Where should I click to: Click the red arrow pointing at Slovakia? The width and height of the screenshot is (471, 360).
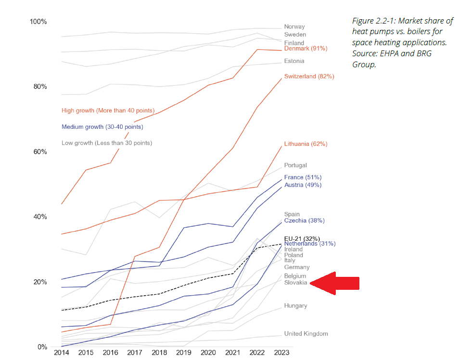(x=335, y=283)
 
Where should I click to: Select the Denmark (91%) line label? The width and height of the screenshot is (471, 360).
(x=306, y=49)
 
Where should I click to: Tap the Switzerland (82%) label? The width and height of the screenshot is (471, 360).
(x=309, y=76)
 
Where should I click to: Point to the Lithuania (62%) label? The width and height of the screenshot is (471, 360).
(x=306, y=144)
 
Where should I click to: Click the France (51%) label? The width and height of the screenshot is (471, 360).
(x=303, y=177)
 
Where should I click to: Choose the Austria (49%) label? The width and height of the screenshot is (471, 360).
(x=303, y=185)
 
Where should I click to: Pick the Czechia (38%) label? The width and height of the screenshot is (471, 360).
(x=304, y=221)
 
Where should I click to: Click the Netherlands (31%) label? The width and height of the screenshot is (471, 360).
(x=310, y=244)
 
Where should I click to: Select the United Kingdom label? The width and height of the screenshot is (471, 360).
(x=306, y=334)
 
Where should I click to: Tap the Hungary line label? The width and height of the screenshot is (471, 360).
(x=295, y=306)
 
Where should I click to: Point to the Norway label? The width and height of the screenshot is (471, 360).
(x=294, y=27)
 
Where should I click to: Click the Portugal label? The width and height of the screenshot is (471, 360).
(x=295, y=165)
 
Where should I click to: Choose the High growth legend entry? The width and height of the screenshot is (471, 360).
(x=108, y=111)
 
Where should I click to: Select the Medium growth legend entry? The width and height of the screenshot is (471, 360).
(x=102, y=127)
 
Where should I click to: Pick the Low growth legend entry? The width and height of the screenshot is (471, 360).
(x=107, y=143)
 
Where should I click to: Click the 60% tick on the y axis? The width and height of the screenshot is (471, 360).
(x=38, y=152)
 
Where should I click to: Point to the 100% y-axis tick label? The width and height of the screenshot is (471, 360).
(x=38, y=22)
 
